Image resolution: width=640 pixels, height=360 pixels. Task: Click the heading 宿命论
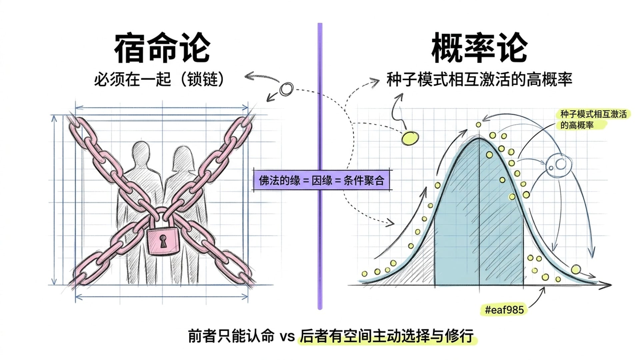tap(162, 48)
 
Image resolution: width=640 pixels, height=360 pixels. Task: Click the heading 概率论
tap(479, 48)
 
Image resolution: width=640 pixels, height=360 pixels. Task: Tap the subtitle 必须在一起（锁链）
tap(159, 80)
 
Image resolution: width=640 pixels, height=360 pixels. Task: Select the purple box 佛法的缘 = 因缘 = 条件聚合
tap(321, 181)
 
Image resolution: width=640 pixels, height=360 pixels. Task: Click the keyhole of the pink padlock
tap(163, 241)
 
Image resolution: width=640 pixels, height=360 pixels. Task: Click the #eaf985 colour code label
tap(504, 310)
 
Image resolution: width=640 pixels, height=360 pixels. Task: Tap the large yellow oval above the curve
tap(410, 138)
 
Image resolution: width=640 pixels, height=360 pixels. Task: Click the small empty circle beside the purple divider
tap(286, 89)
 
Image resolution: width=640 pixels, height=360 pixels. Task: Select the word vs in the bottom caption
tap(287, 336)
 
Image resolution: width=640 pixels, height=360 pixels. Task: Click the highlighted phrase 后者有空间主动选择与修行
tap(387, 336)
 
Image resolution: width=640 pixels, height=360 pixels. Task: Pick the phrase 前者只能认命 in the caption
tap(231, 336)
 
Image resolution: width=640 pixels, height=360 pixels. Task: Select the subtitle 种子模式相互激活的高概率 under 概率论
tap(479, 80)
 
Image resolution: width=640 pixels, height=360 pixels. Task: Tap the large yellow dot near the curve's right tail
tap(576, 269)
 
